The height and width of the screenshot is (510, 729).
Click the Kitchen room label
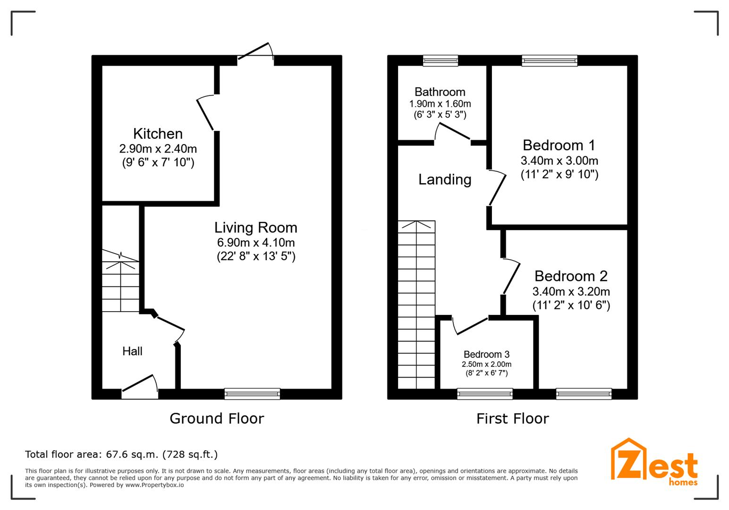pyautogui.click(x=158, y=134)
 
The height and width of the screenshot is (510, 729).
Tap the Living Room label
pyautogui.click(x=256, y=228)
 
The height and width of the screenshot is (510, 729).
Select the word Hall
pyautogui.click(x=132, y=351)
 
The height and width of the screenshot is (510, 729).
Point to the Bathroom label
pyautogui.click(x=440, y=92)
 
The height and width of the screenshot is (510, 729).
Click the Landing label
pyautogui.click(x=445, y=179)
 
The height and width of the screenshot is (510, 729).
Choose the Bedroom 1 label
pyautogui.click(x=559, y=145)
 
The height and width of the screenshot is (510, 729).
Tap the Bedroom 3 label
pyautogui.click(x=486, y=354)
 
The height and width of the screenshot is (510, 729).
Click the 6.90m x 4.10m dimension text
pyautogui.click(x=256, y=242)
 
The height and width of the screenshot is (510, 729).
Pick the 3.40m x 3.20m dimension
pyautogui.click(x=571, y=291)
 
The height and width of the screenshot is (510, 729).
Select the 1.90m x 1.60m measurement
pyautogui.click(x=440, y=104)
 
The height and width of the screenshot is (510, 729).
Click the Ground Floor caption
pyautogui.click(x=217, y=418)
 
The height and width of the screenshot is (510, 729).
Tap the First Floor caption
pyautogui.click(x=513, y=418)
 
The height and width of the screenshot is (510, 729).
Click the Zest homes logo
pyautogui.click(x=654, y=462)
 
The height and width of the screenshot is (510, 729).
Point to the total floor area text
pyautogui.click(x=121, y=454)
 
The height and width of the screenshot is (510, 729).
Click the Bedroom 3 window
pyautogui.click(x=485, y=394)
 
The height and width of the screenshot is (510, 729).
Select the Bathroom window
pyautogui.click(x=441, y=60)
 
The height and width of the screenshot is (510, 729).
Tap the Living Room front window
pyautogui.click(x=252, y=394)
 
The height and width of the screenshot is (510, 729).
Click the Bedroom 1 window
pyautogui.click(x=550, y=60)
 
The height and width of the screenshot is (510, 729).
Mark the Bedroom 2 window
pyautogui.click(x=584, y=394)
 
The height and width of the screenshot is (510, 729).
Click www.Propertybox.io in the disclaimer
pyautogui.click(x=154, y=485)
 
